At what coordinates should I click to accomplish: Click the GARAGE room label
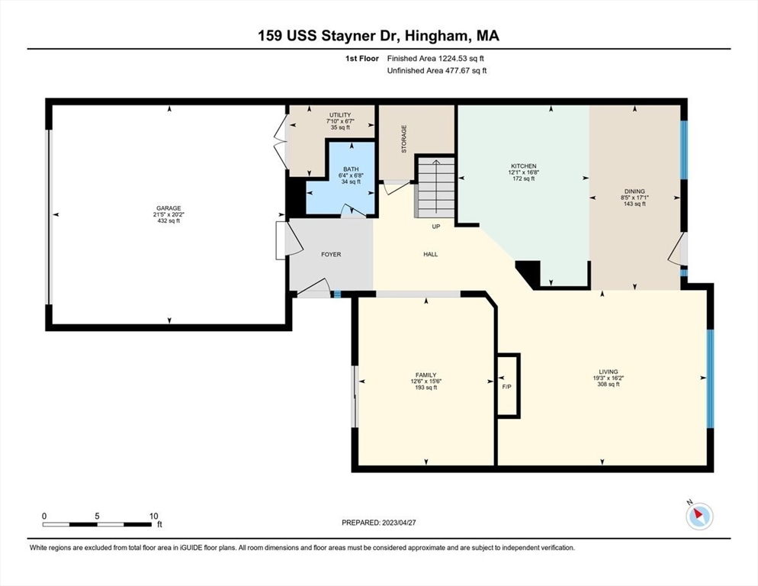(x=169, y=208)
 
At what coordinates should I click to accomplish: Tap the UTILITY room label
(x=339, y=114)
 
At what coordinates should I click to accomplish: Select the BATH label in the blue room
(x=350, y=169)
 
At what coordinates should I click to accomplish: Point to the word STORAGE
(x=404, y=140)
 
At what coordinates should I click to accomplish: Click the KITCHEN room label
(x=523, y=166)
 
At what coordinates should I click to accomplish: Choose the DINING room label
(x=634, y=192)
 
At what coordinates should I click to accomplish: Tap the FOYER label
(x=331, y=254)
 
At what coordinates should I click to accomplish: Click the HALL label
(x=431, y=254)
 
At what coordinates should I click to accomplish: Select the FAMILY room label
(x=426, y=375)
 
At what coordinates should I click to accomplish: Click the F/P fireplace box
(x=506, y=385)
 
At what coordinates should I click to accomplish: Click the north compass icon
(x=699, y=516)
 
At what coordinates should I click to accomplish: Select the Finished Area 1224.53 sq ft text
(x=436, y=57)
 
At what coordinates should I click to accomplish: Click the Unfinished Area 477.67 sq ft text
(x=436, y=70)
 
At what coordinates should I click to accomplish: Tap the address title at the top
(x=379, y=35)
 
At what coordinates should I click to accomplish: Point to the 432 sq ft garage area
(x=169, y=221)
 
